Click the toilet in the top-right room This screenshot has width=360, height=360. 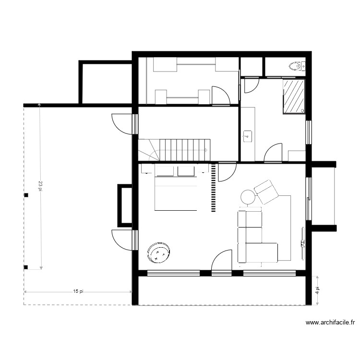(x=296, y=65)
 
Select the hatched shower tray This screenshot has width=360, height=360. (x=294, y=96)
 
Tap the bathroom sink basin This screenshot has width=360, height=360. (x=247, y=136)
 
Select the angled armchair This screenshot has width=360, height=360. (x=266, y=192)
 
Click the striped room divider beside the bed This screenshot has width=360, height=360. (x=213, y=187)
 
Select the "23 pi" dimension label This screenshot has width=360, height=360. (x=41, y=186)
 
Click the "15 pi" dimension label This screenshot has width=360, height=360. (x=79, y=291)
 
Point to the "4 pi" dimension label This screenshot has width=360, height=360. (x=316, y=290)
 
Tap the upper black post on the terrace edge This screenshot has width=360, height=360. (x=26, y=195)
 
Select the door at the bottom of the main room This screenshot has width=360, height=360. (x=221, y=262)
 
